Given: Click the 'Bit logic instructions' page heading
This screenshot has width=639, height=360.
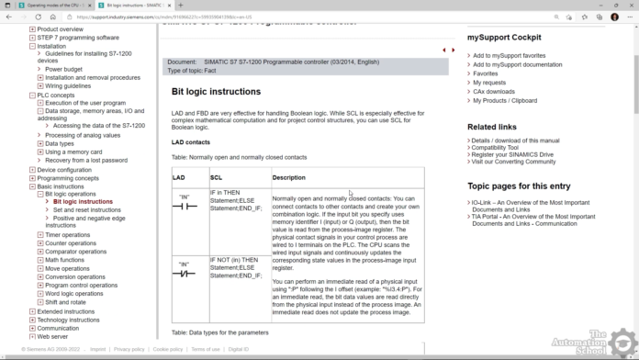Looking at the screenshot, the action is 216,92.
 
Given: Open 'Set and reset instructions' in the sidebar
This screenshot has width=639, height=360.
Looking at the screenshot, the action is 86,209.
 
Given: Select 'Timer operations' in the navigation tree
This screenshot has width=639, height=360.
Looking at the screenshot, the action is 68,235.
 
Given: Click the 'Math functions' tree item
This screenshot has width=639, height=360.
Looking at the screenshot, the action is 67,260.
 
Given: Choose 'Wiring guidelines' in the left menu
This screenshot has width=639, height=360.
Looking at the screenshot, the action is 68,85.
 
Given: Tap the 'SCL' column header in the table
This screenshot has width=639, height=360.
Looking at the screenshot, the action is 216,177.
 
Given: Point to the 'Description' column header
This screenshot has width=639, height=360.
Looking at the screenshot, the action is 289,177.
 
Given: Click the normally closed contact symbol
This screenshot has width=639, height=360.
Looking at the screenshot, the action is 185,273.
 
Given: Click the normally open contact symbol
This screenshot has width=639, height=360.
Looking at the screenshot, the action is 185,206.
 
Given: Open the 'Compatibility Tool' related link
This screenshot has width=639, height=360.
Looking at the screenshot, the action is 501,147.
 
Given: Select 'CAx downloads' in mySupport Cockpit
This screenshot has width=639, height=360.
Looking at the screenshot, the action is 493,92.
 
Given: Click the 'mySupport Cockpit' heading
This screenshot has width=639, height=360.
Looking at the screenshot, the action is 503,38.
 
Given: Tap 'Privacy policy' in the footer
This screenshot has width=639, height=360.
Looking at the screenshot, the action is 129,349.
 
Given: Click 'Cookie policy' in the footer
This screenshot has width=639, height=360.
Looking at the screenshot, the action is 167,349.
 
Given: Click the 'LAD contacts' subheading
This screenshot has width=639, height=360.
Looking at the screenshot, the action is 190,142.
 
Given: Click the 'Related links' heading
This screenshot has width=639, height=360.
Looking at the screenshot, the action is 491,127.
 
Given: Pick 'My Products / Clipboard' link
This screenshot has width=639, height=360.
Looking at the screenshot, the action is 505,100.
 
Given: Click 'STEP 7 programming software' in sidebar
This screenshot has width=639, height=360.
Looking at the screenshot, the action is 78,38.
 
